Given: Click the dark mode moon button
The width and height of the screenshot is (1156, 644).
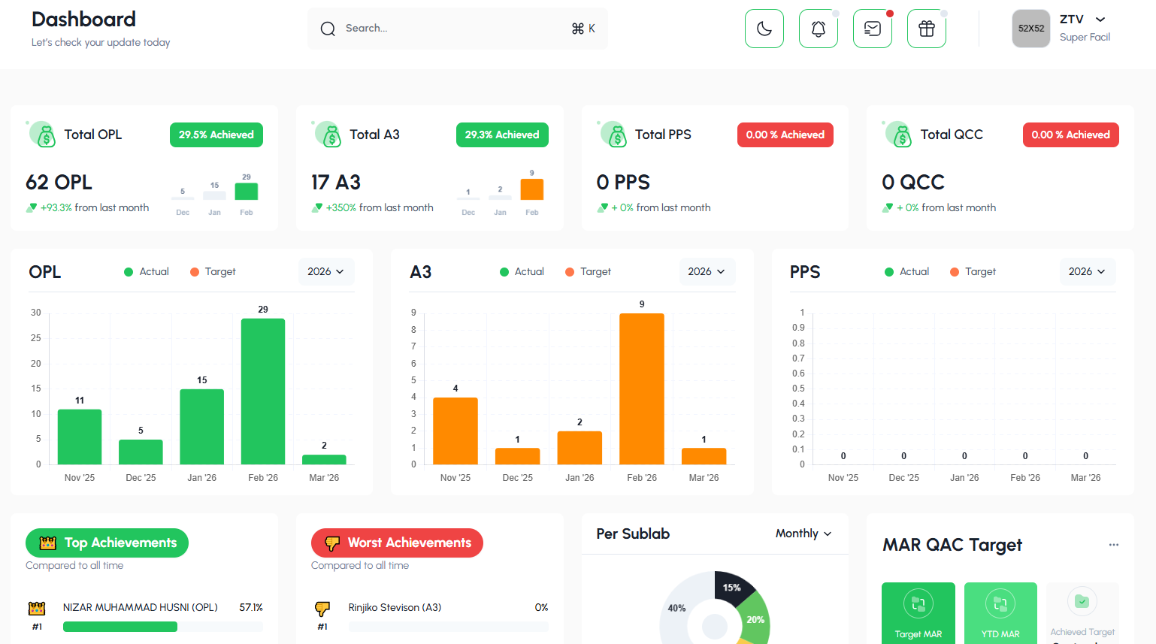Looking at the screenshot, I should (x=764, y=29).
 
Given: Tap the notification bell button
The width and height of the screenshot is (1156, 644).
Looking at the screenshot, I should (x=818, y=29).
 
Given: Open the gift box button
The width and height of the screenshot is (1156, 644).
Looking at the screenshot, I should (x=926, y=29).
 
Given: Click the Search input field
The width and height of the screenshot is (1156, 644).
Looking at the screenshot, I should (x=451, y=29).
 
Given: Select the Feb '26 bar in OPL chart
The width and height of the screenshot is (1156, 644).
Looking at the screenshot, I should (x=263, y=391).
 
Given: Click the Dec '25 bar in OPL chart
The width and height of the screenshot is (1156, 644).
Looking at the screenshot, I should (x=141, y=452).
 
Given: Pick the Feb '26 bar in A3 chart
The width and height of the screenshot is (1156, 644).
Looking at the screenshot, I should (x=642, y=389).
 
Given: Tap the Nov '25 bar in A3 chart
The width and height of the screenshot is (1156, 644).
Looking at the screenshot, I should (x=455, y=431).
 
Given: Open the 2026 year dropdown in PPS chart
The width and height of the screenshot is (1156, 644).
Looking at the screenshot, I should (x=1087, y=271).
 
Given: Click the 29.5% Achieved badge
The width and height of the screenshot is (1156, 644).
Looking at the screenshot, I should (x=216, y=135).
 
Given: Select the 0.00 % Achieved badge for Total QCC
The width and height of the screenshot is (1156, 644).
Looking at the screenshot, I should (x=1070, y=135).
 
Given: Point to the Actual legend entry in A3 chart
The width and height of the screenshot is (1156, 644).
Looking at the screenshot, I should (x=522, y=271).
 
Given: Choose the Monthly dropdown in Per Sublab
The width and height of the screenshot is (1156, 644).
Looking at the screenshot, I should (x=803, y=534).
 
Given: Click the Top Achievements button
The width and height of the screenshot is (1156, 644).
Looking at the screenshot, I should (x=107, y=543).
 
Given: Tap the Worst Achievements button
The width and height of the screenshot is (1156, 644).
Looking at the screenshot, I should (x=397, y=543).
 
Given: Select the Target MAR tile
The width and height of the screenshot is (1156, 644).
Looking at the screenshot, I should (x=918, y=612).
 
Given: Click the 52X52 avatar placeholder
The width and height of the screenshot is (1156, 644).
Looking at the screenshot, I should (x=1030, y=29).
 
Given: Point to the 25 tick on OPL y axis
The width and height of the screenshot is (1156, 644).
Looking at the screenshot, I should (x=36, y=338).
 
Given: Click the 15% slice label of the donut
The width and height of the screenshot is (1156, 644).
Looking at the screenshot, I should (x=732, y=588).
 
